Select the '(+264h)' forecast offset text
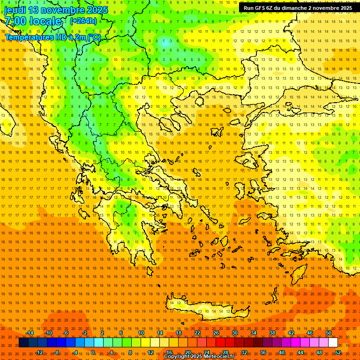click(83, 21)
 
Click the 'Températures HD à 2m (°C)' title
click(53, 37)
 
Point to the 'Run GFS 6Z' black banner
click(298, 8)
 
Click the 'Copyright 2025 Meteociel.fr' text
click(199, 357)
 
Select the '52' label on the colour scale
click(338, 352)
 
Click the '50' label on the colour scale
click(329, 333)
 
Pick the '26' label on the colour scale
click(216, 333)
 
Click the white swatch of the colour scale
click(333, 343)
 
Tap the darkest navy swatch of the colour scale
click(23, 343)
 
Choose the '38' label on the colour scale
click(272, 333)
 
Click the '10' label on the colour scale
click(141, 333)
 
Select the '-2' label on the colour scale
click(85, 333)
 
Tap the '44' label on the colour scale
click(300, 352)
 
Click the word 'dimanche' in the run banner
click(310, 8)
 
